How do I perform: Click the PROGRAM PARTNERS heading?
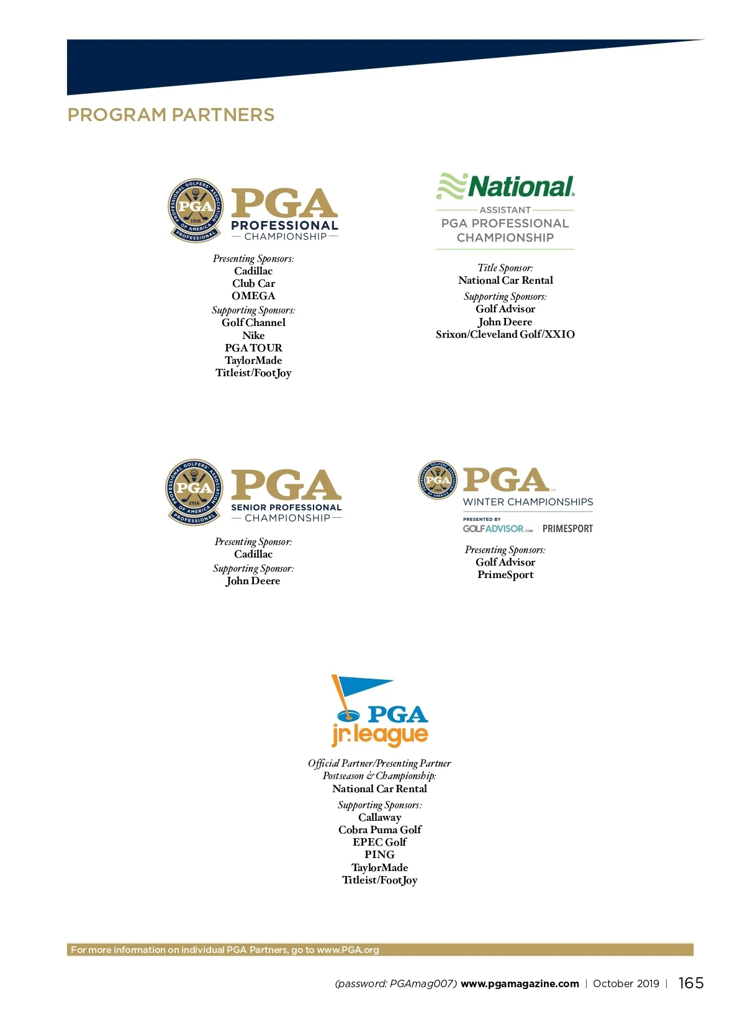click(171, 115)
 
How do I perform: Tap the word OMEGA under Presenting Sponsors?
click(253, 296)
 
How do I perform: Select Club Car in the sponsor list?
click(253, 284)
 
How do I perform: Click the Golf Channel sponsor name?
click(253, 323)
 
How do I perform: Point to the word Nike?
click(253, 335)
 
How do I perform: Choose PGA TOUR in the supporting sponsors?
click(253, 348)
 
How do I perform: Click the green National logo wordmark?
click(520, 186)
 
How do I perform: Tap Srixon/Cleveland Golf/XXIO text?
click(505, 335)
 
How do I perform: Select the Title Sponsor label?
click(505, 268)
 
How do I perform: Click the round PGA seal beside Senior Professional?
click(194, 492)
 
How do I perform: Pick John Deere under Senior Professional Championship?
click(253, 581)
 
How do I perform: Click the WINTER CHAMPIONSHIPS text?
click(528, 502)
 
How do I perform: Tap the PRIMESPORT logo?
click(567, 529)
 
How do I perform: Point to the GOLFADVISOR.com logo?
click(497, 529)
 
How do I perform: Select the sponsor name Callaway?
click(379, 818)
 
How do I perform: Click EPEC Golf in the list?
click(379, 843)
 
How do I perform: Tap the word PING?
click(379, 855)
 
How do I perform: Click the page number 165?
click(690, 983)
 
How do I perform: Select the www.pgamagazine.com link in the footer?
click(520, 984)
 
